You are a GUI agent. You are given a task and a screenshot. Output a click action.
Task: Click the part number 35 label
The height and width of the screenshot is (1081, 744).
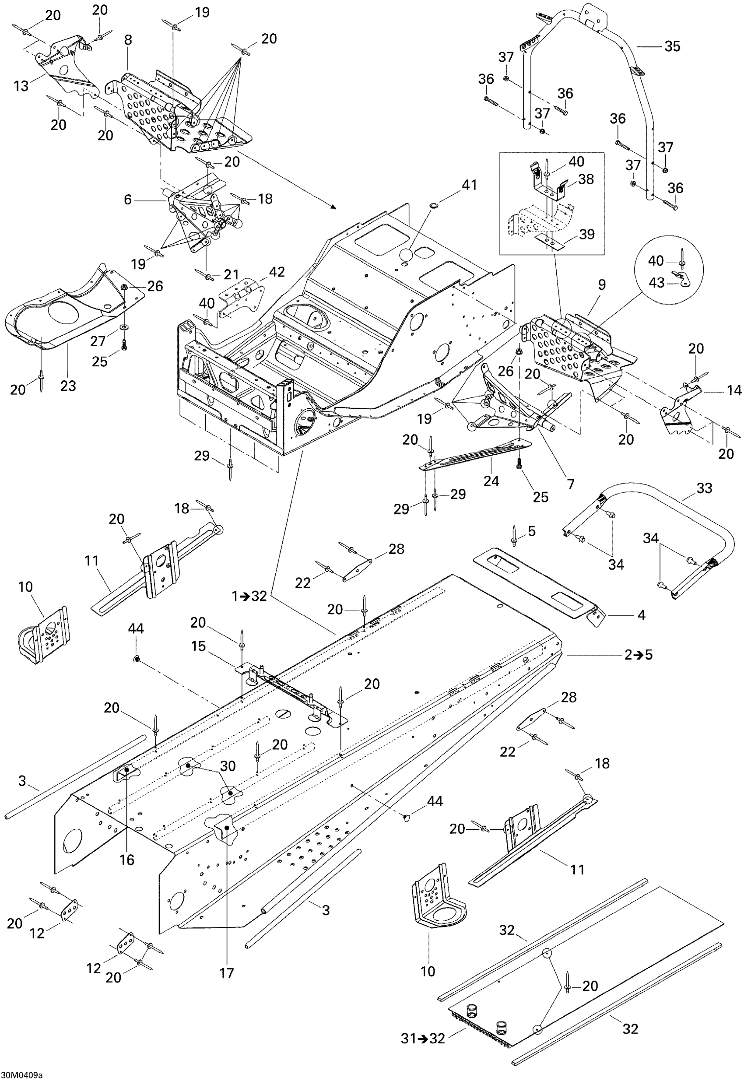[672, 46]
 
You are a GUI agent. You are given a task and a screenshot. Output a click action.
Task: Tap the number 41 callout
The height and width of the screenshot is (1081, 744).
[469, 185]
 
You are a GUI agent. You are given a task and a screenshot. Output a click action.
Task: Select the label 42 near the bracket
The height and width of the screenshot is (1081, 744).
[277, 272]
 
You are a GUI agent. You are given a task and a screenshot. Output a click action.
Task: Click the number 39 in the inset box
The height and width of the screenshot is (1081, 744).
[587, 234]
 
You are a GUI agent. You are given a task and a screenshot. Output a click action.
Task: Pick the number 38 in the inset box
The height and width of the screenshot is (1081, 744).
[586, 179]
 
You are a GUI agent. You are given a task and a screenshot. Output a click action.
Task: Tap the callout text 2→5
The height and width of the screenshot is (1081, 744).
[639, 654]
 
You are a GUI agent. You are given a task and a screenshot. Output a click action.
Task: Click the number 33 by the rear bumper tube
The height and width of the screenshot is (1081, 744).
[704, 488]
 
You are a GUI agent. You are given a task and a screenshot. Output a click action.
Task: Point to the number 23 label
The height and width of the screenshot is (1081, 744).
[68, 386]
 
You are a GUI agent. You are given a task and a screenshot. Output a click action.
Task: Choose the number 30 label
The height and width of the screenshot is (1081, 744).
[228, 765]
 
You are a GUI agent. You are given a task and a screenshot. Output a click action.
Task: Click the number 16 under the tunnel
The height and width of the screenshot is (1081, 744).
[127, 859]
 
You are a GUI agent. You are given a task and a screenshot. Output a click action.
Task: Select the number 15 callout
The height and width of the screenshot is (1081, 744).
[198, 646]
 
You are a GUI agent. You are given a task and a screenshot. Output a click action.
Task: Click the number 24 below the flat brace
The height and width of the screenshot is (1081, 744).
[491, 481]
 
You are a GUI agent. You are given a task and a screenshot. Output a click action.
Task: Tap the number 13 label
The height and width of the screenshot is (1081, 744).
[21, 85]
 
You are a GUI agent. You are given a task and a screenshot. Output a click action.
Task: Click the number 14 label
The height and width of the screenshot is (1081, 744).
[734, 390]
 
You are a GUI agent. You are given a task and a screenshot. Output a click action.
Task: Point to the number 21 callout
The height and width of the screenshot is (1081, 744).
[231, 274]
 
